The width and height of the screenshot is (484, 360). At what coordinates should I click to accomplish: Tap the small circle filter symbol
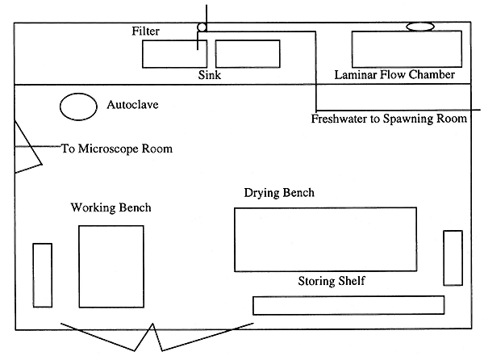click(x=202, y=27)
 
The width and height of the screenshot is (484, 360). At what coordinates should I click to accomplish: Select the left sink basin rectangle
click(x=174, y=53)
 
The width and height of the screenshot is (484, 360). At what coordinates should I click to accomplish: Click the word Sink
click(x=210, y=75)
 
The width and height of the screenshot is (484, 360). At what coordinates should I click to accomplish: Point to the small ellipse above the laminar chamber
click(x=419, y=27)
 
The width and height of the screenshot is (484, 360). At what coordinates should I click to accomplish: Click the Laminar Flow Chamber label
click(x=394, y=75)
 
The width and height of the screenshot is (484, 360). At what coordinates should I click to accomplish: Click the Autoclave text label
click(x=135, y=105)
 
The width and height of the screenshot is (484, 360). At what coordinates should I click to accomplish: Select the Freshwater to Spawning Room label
click(x=388, y=119)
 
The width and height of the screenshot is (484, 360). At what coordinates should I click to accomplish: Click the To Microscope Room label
click(x=117, y=149)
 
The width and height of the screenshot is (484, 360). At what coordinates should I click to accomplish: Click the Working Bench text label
click(x=111, y=208)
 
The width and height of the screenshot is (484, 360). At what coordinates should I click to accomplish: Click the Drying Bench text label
click(x=279, y=194)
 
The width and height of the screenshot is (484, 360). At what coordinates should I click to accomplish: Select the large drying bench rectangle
click(x=325, y=239)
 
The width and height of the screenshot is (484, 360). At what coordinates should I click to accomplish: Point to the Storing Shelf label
click(x=332, y=281)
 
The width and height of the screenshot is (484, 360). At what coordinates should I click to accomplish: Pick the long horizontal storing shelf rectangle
click(x=348, y=305)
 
